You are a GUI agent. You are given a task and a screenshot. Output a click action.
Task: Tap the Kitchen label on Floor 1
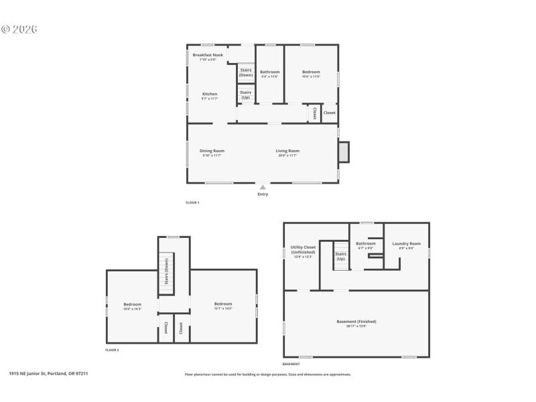(x=210, y=96)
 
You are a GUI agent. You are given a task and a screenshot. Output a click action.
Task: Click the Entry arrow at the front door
(x=263, y=188)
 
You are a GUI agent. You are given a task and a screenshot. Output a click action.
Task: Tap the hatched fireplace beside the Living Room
(x=343, y=152)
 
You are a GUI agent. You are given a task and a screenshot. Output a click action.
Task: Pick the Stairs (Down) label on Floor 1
(x=246, y=72)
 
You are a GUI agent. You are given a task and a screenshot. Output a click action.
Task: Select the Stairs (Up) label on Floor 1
(x=246, y=94)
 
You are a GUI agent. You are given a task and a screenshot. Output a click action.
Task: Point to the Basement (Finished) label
(x=356, y=324)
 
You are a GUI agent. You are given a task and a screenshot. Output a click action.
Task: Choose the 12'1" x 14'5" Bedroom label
(x=223, y=306)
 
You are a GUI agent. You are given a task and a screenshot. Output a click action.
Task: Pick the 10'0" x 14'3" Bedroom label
(x=132, y=306)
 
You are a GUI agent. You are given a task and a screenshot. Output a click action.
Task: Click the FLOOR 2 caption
(x=112, y=350)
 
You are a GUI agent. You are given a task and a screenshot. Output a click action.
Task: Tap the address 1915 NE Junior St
(x=48, y=374)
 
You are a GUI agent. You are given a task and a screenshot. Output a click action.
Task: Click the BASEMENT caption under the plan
(x=291, y=364)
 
